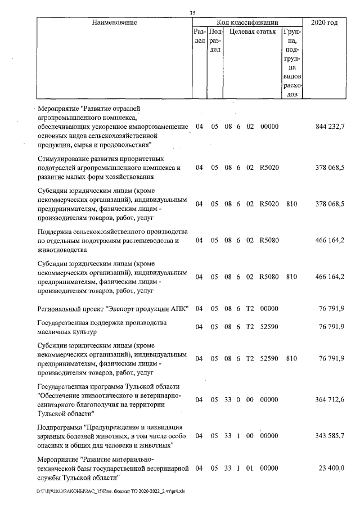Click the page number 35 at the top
pyautogui.click(x=192, y=13)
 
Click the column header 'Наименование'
pyautogui.click(x=115, y=22)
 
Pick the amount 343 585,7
pyautogui.click(x=330, y=436)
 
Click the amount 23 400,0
pyautogui.click(x=332, y=468)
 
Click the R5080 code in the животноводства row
pyautogui.click(x=269, y=241)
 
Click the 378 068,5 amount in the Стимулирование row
pyautogui.click(x=330, y=168)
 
